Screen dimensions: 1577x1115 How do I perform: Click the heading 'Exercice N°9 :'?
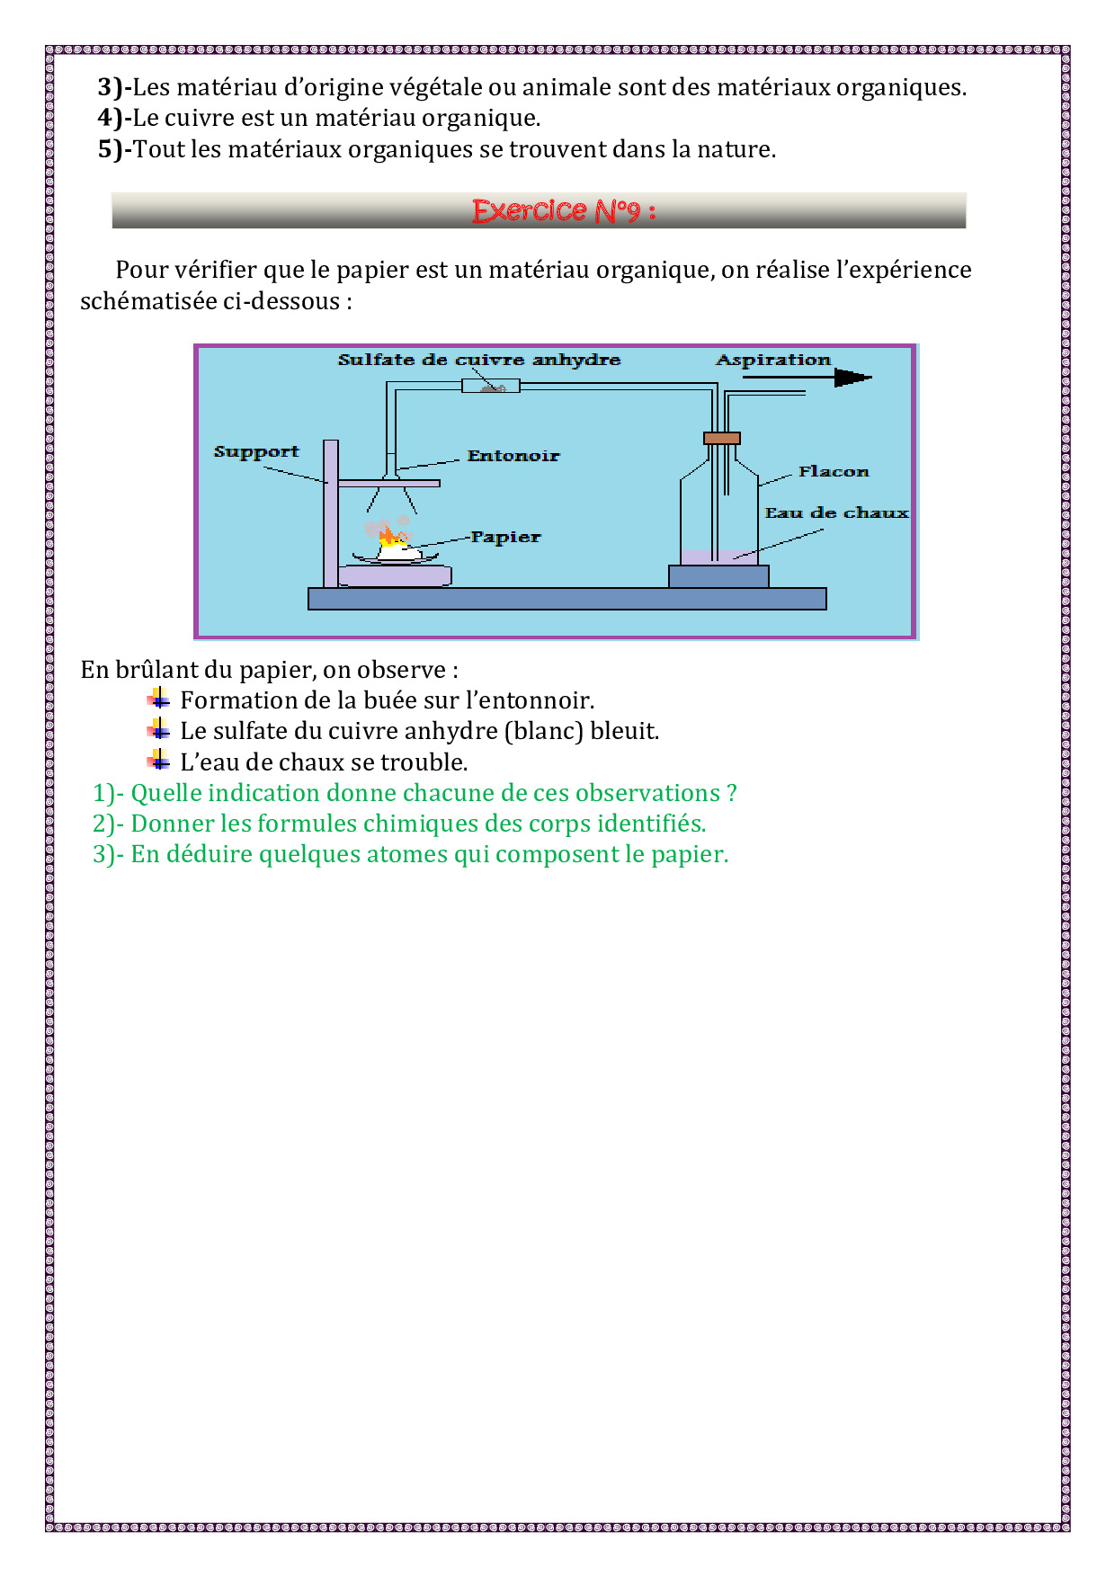[563, 211]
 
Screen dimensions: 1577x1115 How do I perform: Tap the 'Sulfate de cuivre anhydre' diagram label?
[479, 360]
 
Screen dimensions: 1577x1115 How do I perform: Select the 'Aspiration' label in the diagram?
[773, 360]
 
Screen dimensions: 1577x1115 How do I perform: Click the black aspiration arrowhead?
[852, 379]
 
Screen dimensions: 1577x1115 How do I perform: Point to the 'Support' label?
[256, 451]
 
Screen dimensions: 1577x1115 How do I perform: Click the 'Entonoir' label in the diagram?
[513, 456]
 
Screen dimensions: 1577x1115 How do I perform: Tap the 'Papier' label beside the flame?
[506, 537]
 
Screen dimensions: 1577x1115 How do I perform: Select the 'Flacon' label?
[834, 471]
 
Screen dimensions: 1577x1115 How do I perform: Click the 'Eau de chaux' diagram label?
[836, 512]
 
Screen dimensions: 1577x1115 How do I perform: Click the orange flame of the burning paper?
[390, 538]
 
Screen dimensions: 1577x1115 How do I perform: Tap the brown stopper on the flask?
[721, 438]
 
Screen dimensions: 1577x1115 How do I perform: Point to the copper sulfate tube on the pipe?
[490, 387]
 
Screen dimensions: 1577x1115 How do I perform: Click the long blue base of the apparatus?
[566, 599]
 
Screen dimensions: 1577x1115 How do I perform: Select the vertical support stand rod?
[331, 512]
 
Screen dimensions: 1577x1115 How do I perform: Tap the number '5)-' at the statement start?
[114, 149]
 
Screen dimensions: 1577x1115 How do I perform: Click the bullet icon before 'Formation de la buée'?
[158, 699]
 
